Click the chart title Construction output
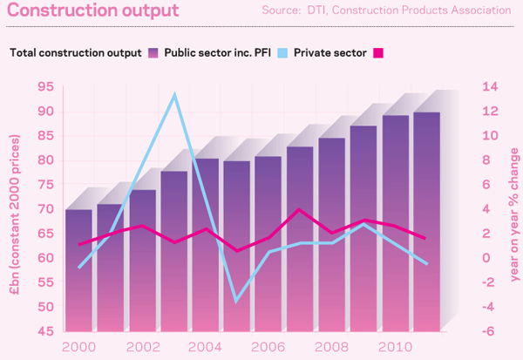94,11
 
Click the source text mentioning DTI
386,10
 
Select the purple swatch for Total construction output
153,51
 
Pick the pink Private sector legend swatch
378,51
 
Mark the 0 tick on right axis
487,259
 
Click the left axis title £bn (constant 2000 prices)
17,209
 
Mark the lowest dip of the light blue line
212,301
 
